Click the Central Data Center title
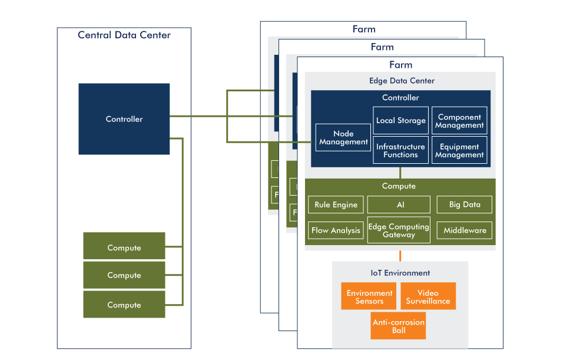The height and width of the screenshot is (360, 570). pos(124,35)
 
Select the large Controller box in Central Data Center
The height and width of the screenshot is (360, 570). pos(124,119)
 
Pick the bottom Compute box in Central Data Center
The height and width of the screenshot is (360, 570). pos(124,304)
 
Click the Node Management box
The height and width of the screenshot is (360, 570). pos(343,138)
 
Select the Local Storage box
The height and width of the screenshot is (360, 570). pos(401,120)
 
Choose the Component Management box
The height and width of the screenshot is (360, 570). pos(459,121)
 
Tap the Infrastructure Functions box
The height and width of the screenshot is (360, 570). pos(401,150)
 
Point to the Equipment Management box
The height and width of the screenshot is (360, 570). pos(459,150)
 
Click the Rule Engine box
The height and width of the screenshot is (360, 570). pos(336,205)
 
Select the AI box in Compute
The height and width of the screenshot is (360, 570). pos(400,205)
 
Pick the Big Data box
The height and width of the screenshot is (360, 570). pos(465,205)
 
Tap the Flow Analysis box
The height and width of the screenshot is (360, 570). pos(336,230)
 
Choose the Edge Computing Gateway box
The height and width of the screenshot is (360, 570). pos(399,230)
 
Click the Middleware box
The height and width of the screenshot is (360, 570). pos(465,230)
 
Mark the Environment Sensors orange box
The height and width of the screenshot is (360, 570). pos(369,296)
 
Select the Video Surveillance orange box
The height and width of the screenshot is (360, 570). pos(428,296)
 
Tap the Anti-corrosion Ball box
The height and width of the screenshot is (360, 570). pos(399,326)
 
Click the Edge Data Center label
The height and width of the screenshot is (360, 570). pos(402,81)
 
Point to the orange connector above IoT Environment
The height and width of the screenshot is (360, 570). pos(400,256)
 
